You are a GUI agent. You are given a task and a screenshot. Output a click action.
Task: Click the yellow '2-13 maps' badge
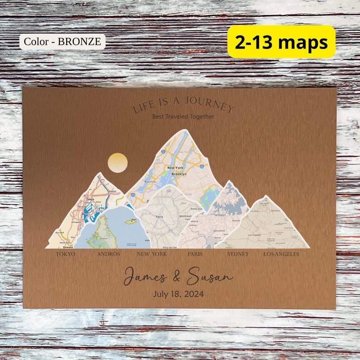tap(281, 42)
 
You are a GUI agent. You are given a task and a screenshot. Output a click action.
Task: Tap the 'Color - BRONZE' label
tap(62, 42)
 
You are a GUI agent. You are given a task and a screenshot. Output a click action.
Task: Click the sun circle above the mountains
tap(118, 163)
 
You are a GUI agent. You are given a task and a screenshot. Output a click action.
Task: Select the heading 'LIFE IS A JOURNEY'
tap(183, 105)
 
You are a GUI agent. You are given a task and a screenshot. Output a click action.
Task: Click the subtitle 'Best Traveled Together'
tap(183, 117)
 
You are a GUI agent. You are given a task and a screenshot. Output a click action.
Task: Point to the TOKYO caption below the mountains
tap(65, 254)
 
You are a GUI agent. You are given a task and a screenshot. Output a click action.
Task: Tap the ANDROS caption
tap(108, 254)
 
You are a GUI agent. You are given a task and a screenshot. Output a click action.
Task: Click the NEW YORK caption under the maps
tap(152, 254)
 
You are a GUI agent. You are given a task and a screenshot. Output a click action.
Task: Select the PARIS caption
tap(195, 254)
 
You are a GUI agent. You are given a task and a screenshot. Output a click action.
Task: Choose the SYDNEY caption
tap(238, 254)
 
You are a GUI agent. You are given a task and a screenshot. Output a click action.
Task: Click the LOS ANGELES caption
tap(281, 254)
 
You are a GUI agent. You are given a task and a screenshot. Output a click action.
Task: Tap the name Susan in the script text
tap(210, 275)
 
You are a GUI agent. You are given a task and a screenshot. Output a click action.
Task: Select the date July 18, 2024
tap(178, 294)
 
